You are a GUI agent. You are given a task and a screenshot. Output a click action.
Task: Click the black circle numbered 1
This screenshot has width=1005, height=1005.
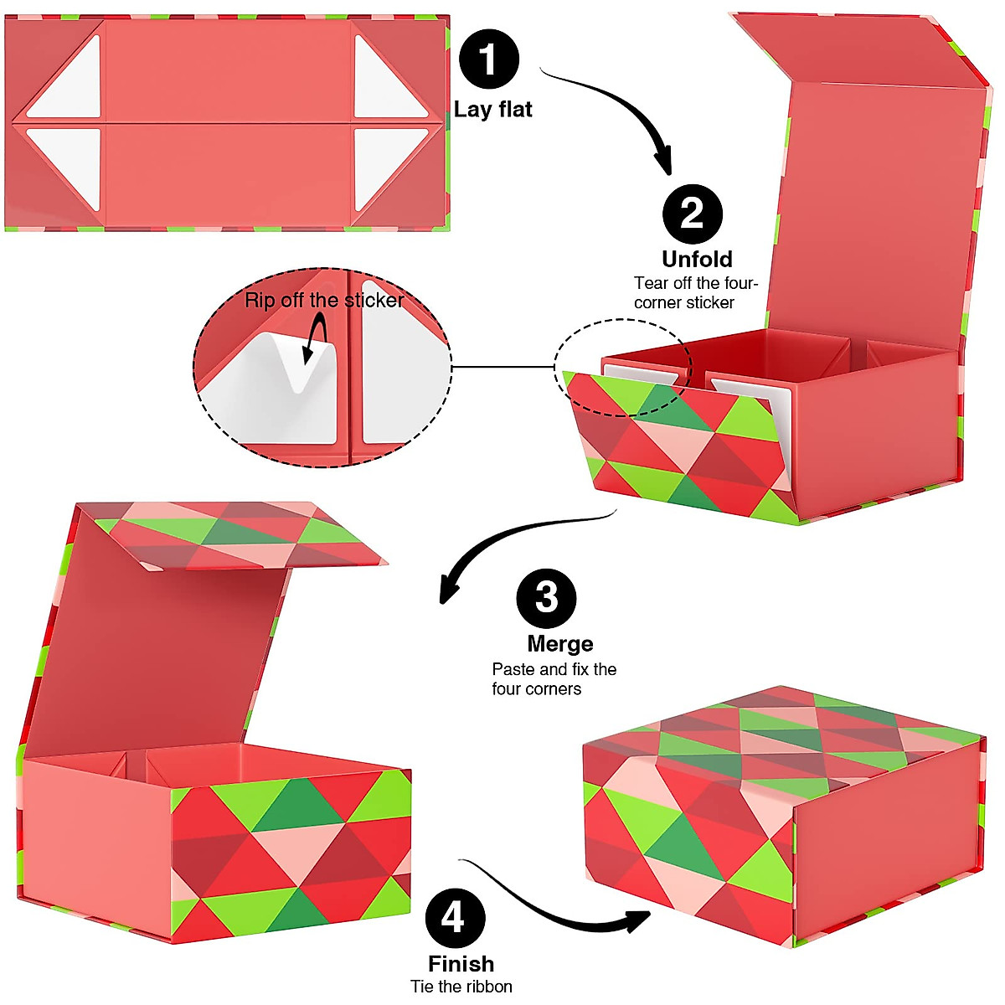(489, 59)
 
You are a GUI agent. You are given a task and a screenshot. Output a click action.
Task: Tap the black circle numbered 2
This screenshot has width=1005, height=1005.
(693, 214)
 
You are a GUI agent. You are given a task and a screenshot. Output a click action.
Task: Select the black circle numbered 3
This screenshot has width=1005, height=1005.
(546, 598)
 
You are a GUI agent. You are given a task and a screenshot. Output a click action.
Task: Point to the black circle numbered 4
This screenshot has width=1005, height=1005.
(455, 918)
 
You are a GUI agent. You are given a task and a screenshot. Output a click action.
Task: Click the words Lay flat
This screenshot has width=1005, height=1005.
(493, 110)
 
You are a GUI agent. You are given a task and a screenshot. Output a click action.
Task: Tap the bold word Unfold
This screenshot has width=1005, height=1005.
(697, 259)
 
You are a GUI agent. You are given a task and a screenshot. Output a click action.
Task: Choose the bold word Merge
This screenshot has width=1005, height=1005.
(560, 644)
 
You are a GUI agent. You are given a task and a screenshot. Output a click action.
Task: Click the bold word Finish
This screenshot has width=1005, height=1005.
(461, 964)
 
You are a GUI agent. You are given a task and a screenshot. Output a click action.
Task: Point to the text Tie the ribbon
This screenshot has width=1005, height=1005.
(461, 987)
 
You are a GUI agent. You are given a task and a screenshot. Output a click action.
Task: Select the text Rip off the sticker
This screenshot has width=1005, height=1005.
(324, 300)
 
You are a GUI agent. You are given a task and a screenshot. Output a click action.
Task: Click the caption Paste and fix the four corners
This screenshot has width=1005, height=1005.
(554, 679)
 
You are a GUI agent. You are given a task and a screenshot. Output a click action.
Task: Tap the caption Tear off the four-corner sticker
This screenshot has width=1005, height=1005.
(695, 293)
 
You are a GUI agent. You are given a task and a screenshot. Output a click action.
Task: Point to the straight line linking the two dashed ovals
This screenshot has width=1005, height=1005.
(502, 367)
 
